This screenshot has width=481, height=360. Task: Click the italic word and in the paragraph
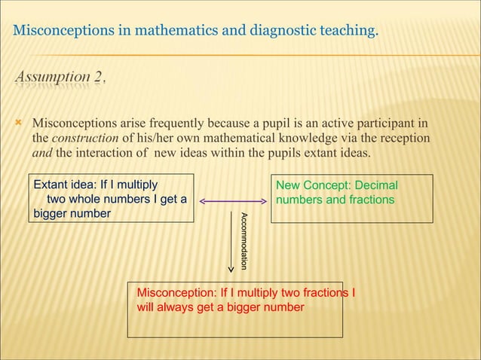coord(41,154)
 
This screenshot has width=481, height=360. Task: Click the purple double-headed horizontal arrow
coord(232,201)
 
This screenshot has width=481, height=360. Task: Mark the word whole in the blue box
coord(85,200)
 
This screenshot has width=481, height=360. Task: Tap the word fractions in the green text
coord(370,200)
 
